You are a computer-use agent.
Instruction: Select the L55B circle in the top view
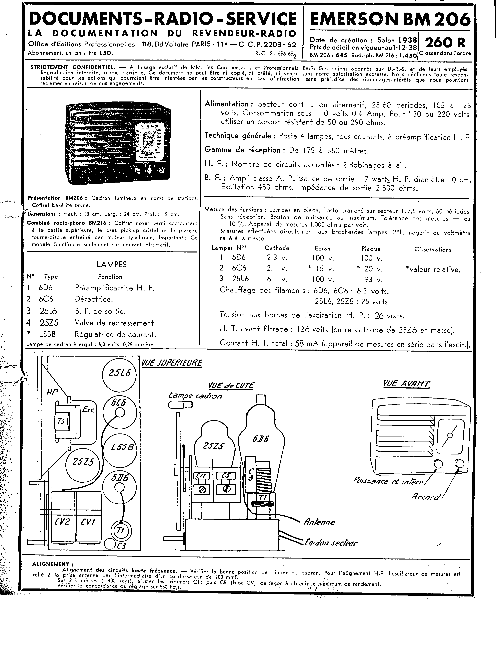120,447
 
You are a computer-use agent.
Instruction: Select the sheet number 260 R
445,43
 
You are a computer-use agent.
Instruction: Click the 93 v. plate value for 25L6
373,279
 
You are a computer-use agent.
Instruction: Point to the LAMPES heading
111,264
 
